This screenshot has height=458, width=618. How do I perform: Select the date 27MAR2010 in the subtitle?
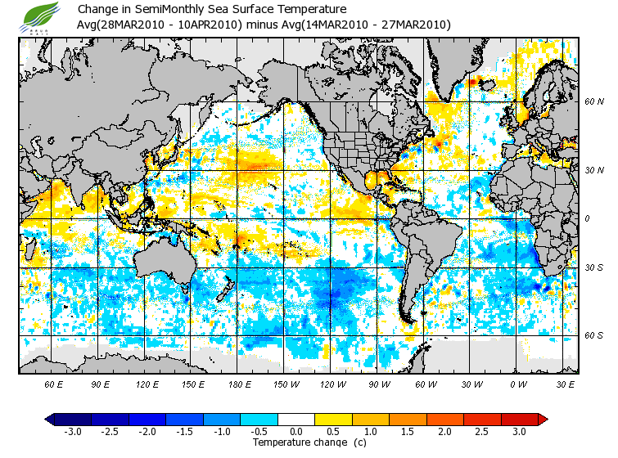click(x=416, y=25)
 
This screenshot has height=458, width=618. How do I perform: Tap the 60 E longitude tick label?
click(x=54, y=384)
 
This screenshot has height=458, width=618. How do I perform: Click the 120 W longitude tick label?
click(x=334, y=384)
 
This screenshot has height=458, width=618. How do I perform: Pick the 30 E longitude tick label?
click(x=566, y=384)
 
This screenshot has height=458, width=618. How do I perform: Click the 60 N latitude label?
click(x=593, y=102)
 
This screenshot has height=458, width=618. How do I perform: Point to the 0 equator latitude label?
click(x=587, y=218)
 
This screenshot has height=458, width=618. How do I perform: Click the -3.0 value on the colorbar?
click(x=73, y=431)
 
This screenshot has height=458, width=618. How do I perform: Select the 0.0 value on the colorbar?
click(x=296, y=431)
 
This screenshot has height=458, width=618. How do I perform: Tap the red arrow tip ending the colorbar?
click(x=543, y=419)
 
